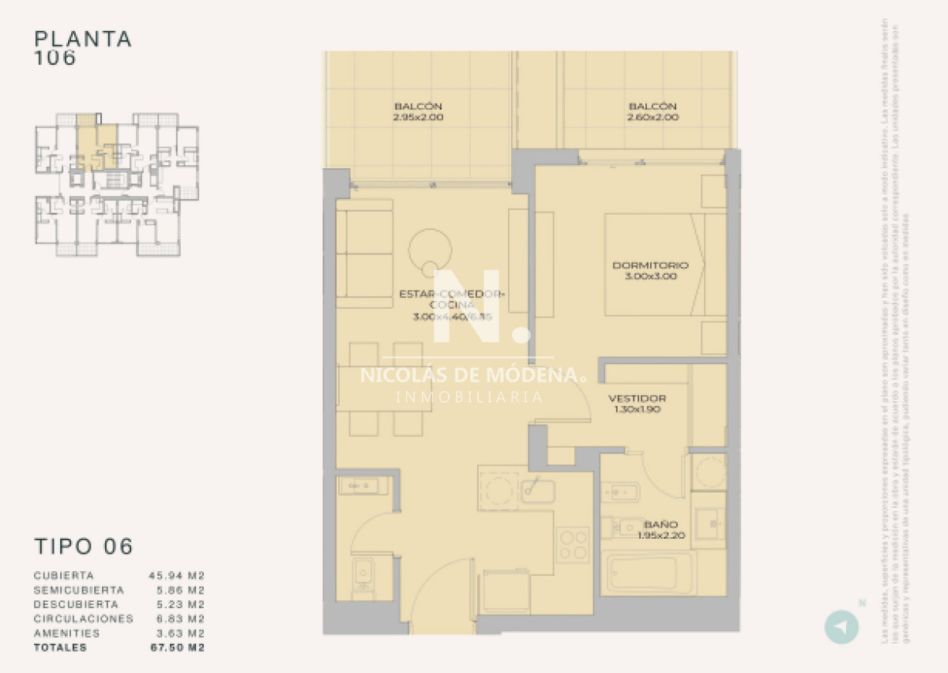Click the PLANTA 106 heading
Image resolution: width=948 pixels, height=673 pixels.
pos(83,47)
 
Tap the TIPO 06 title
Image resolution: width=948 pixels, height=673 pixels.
pos(84,546)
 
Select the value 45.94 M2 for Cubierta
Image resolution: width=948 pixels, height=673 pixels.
pos(176,576)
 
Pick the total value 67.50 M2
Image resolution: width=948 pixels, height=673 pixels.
pos(176,648)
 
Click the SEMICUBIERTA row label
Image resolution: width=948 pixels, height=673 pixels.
pos(78,590)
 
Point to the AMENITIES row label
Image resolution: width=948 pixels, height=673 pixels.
pos(67,634)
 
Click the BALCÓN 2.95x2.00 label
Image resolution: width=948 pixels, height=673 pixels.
pos(418,111)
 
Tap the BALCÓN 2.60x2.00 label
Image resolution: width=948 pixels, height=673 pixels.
pos(653,111)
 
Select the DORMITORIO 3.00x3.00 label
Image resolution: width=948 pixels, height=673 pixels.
pos(650,271)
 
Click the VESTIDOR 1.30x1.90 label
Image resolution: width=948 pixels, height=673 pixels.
pos(637,404)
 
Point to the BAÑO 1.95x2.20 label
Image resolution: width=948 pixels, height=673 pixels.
pos(660,529)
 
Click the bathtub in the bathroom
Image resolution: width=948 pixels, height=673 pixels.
pos(648,572)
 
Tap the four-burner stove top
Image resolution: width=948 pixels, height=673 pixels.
pos(572,544)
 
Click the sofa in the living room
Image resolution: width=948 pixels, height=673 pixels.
pos(364,253)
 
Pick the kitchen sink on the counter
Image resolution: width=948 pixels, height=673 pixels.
pos(538,491)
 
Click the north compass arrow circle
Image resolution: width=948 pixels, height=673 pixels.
pos(841,627)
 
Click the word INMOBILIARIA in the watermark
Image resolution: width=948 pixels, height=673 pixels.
pos(469,397)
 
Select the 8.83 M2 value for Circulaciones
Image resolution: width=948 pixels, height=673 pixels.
pos(176,619)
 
